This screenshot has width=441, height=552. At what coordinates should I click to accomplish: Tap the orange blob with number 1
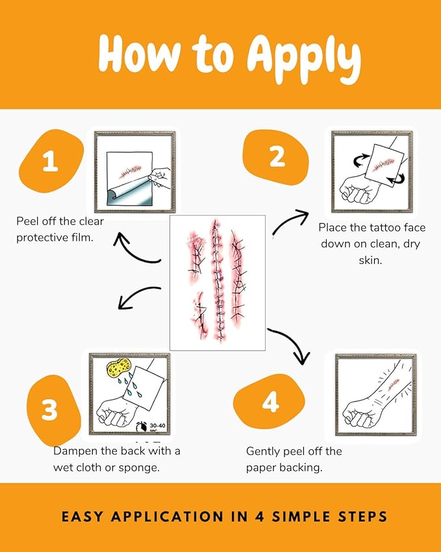tap(51, 161)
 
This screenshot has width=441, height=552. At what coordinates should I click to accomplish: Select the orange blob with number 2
tap(277, 157)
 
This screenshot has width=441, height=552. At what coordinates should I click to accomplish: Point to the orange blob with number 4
tap(270, 401)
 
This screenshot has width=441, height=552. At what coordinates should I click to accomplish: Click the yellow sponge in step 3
tap(118, 367)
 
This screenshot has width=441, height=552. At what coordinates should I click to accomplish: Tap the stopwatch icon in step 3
tap(142, 427)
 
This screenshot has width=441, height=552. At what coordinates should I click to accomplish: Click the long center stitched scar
tap(217, 280)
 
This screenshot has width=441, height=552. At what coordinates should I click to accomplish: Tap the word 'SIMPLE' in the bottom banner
tap(301, 516)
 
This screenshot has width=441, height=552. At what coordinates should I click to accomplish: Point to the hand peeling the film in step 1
tap(160, 177)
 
